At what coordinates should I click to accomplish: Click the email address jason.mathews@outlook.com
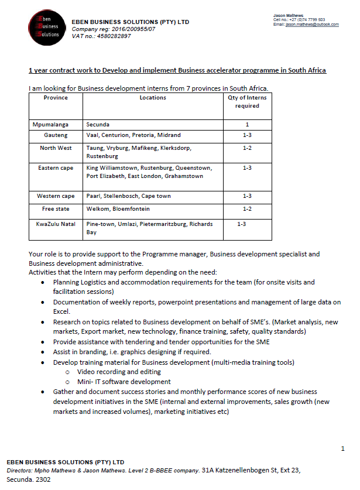point(312,25)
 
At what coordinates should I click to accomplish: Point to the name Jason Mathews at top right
point(288,15)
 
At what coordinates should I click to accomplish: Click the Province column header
point(56,98)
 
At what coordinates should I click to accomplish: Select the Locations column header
point(153,98)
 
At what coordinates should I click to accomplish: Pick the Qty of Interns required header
point(247,102)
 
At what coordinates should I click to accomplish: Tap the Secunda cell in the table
point(98,125)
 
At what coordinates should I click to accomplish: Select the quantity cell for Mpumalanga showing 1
point(247,125)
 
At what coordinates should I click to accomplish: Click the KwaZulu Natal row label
point(56,224)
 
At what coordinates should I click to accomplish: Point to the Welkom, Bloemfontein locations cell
point(118,209)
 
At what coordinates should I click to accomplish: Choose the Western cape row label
point(56,196)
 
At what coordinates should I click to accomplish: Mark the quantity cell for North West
point(247,148)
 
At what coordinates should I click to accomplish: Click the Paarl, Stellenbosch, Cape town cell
point(128,196)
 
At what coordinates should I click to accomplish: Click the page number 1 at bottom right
point(342,448)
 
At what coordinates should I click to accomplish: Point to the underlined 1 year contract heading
point(177,71)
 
